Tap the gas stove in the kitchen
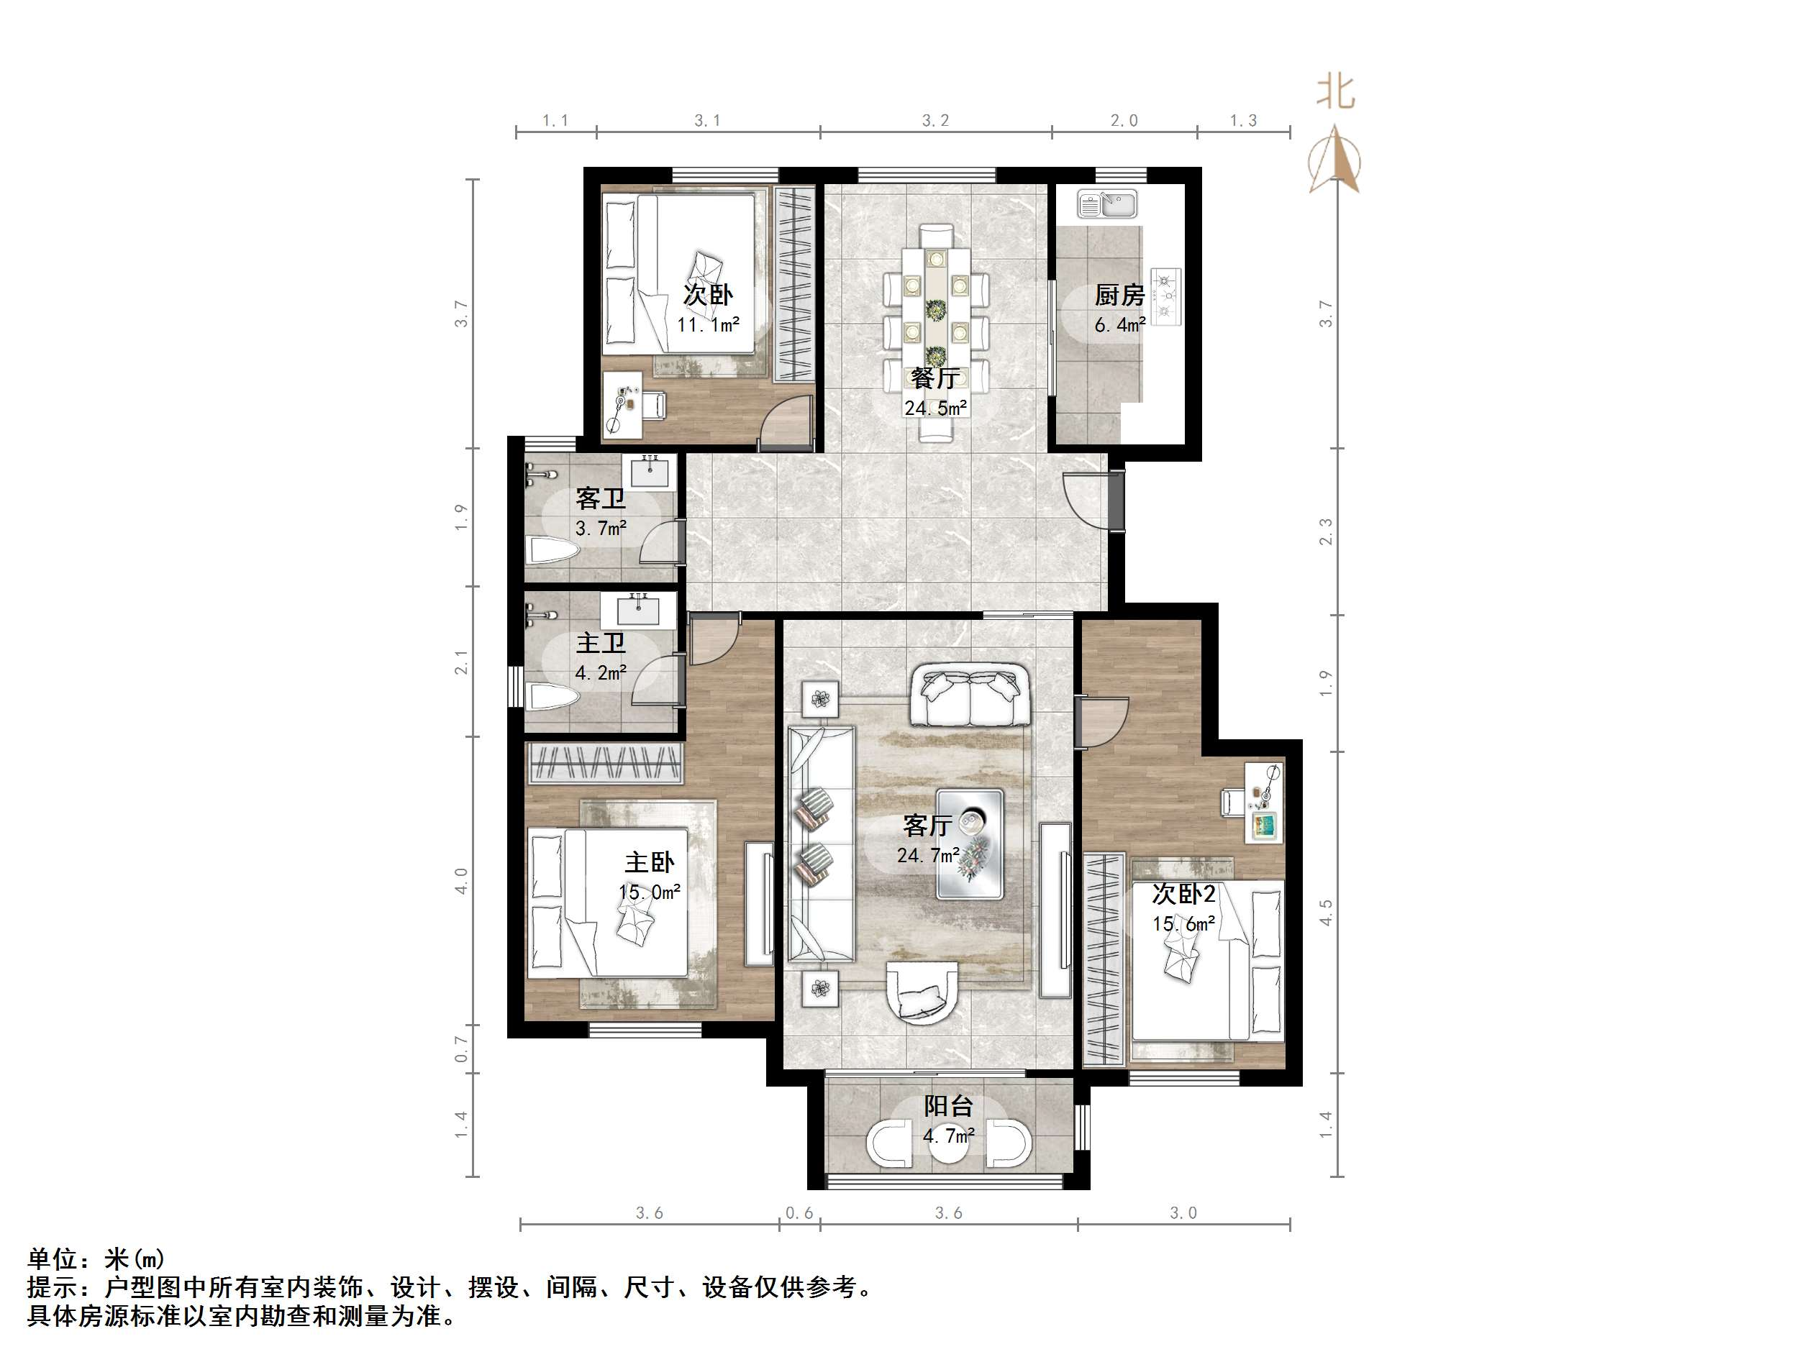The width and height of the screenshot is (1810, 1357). tap(1166, 296)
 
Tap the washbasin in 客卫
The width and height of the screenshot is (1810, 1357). tap(650, 472)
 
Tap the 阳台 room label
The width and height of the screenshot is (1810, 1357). tap(948, 1106)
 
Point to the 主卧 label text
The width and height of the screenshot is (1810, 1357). tap(649, 862)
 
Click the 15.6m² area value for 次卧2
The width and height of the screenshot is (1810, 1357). tap(1183, 924)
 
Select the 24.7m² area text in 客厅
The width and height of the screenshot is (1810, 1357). tap(928, 856)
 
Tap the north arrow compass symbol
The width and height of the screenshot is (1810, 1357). tap(1334, 160)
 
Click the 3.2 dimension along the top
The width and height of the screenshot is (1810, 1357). tap(935, 121)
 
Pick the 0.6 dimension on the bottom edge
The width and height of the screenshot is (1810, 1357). tap(799, 1212)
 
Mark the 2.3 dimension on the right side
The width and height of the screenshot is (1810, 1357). tap(1326, 531)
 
